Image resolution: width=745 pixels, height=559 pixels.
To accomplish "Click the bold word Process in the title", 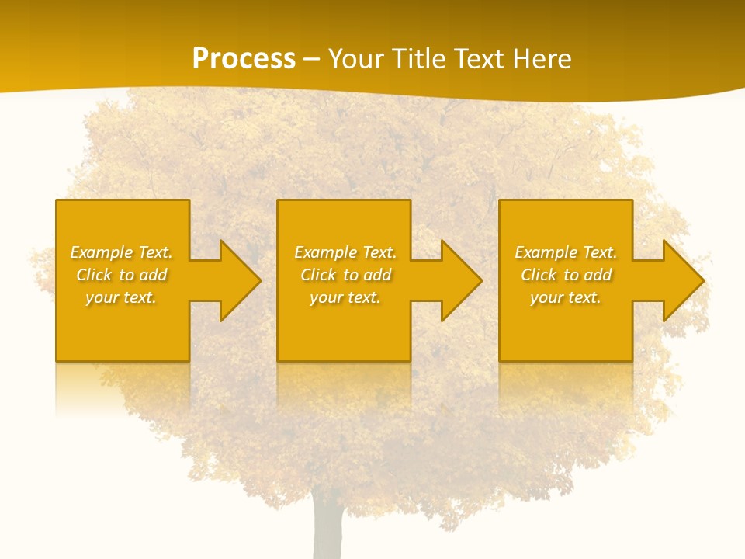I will click(x=244, y=59).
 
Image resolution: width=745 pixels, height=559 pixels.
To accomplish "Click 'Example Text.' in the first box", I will click(x=121, y=252).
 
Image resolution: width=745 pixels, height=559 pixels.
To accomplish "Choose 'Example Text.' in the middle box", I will click(x=345, y=252).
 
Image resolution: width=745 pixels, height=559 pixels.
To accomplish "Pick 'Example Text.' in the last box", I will click(x=566, y=252).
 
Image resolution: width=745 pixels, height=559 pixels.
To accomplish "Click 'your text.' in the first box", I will click(x=121, y=297).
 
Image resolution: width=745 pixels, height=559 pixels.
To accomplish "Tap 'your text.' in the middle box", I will click(x=345, y=297).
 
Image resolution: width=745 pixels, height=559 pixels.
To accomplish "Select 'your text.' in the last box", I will click(x=566, y=297).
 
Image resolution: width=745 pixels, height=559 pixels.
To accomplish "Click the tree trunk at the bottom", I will click(x=327, y=532).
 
